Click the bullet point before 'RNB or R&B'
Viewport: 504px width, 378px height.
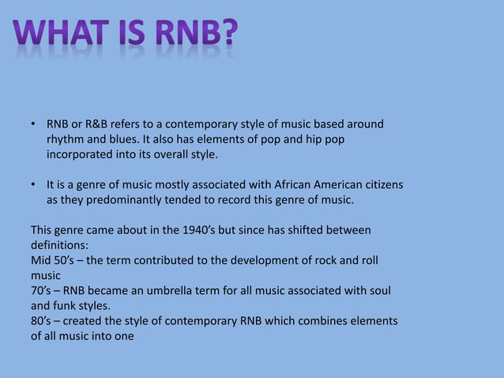34,126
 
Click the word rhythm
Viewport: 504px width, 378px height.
65,140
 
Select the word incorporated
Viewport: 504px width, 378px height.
81,154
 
